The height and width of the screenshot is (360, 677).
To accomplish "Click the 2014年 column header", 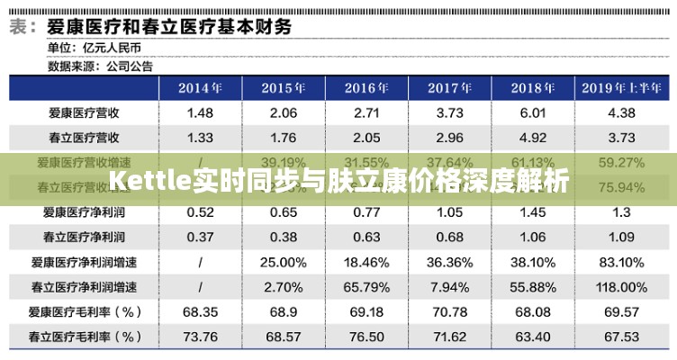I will coord(200,87).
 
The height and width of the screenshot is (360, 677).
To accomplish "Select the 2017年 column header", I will coord(450,87).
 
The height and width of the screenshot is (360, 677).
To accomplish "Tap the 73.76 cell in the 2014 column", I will coord(200,337).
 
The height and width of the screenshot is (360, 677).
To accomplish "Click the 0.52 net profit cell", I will coord(200,212).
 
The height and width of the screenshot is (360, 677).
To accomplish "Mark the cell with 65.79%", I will coord(366,287).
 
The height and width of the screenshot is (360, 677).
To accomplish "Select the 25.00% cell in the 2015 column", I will coord(283,263).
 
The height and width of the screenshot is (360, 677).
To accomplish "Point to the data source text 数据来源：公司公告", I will coord(101,65).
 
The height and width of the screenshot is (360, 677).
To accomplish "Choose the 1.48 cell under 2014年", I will coord(200,113).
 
